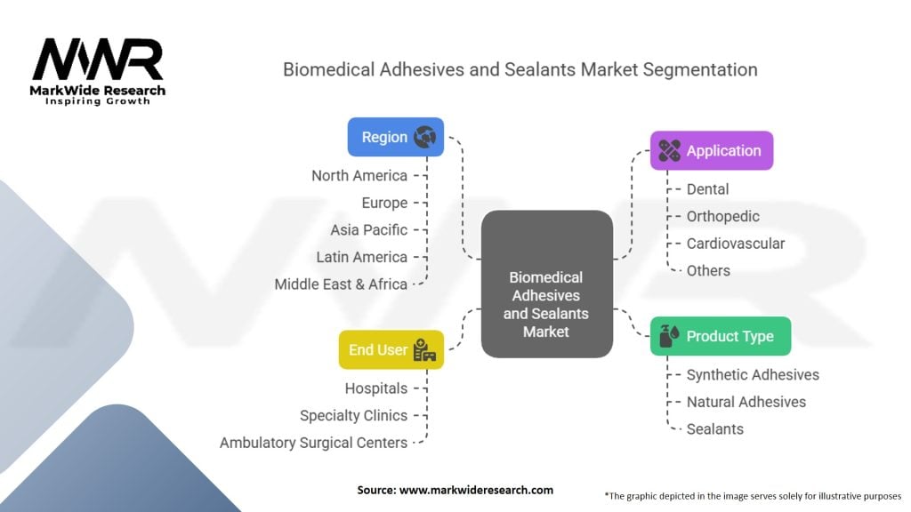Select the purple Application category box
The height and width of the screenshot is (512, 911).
coord(711,150)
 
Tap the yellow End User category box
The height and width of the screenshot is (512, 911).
coord(391,349)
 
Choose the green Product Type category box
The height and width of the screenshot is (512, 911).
coord(720,336)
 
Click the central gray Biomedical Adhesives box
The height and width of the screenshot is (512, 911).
coord(546,284)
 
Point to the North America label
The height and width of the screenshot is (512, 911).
coord(359,176)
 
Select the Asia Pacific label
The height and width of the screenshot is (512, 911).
coord(368,229)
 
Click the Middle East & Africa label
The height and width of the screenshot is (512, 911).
coord(340,284)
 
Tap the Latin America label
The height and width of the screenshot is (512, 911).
coord(361,257)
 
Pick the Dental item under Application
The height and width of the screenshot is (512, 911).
coord(707,189)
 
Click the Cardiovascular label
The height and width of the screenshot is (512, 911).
coord(735,244)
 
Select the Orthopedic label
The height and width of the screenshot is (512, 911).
coord(722,216)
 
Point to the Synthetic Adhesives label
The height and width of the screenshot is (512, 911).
coord(752,375)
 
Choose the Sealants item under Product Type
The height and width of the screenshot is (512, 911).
coord(714,429)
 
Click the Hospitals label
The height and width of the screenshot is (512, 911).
coord(375,388)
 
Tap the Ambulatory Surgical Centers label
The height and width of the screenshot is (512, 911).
coord(313,443)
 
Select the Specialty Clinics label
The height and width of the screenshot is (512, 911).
coord(353,415)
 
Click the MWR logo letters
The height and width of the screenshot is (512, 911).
coord(98,60)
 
